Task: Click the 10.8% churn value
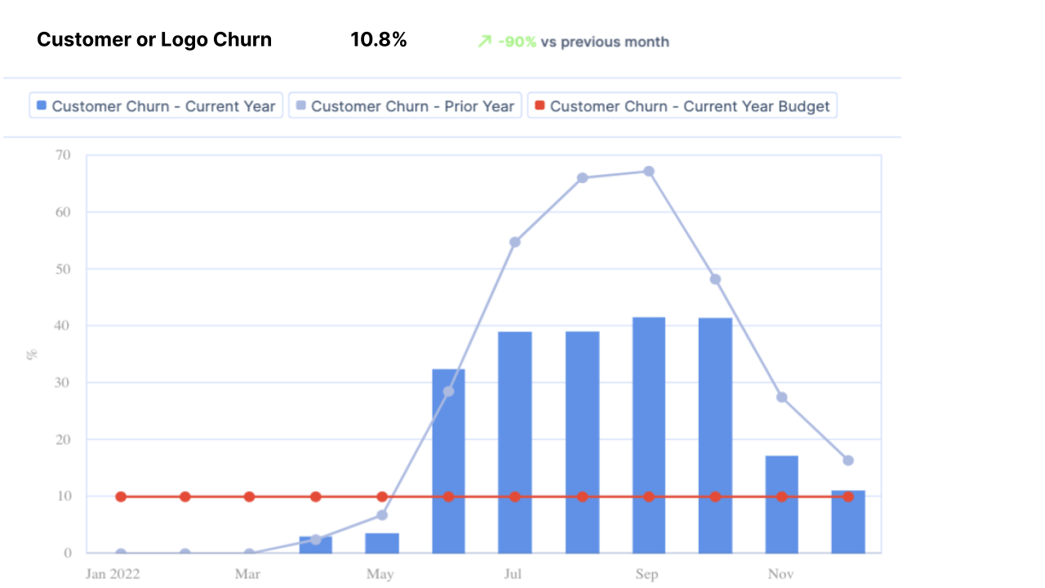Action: coord(378,39)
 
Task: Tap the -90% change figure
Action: coord(517,42)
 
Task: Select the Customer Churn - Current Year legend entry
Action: coord(156,106)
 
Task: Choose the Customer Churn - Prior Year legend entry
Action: coord(405,106)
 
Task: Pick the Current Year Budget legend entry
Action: coord(682,106)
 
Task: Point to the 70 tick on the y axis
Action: coord(63,155)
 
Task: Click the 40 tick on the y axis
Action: coord(63,326)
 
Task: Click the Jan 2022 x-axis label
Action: coord(113,574)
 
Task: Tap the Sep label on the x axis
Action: coord(647,574)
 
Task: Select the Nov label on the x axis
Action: coord(780,574)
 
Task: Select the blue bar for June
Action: coord(448,461)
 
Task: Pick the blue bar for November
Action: coord(781,504)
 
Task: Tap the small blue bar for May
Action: coord(382,543)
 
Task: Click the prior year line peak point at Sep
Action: coord(649,171)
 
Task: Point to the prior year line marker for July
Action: coord(515,242)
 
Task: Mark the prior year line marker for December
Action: coord(848,461)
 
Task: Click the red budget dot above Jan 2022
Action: coord(121,497)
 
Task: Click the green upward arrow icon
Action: coord(485,42)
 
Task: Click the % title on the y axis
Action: coord(33,354)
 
